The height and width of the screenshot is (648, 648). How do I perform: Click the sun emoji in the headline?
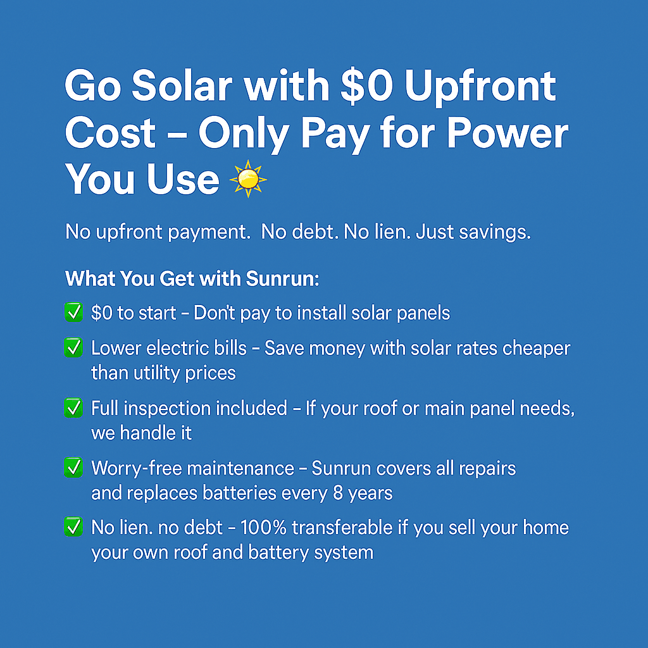pyautogui.click(x=248, y=179)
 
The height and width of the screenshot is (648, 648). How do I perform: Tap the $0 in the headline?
pyautogui.click(x=366, y=86)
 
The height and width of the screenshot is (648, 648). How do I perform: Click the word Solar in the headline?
pyautogui.click(x=182, y=86)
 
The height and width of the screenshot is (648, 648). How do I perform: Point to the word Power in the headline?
pyautogui.click(x=508, y=133)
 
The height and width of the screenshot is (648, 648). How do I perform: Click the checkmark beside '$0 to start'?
pyautogui.click(x=73, y=312)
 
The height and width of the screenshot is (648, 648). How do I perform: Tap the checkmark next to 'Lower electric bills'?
pyautogui.click(x=73, y=347)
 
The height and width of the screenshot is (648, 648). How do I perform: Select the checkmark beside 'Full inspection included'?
pyautogui.click(x=73, y=408)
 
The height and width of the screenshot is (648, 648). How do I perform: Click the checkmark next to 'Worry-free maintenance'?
pyautogui.click(x=73, y=468)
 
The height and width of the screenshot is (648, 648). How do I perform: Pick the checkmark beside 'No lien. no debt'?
pyautogui.click(x=73, y=527)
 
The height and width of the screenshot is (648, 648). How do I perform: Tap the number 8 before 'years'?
pyautogui.click(x=338, y=493)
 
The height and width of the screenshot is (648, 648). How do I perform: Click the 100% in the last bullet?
pyautogui.click(x=263, y=528)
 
